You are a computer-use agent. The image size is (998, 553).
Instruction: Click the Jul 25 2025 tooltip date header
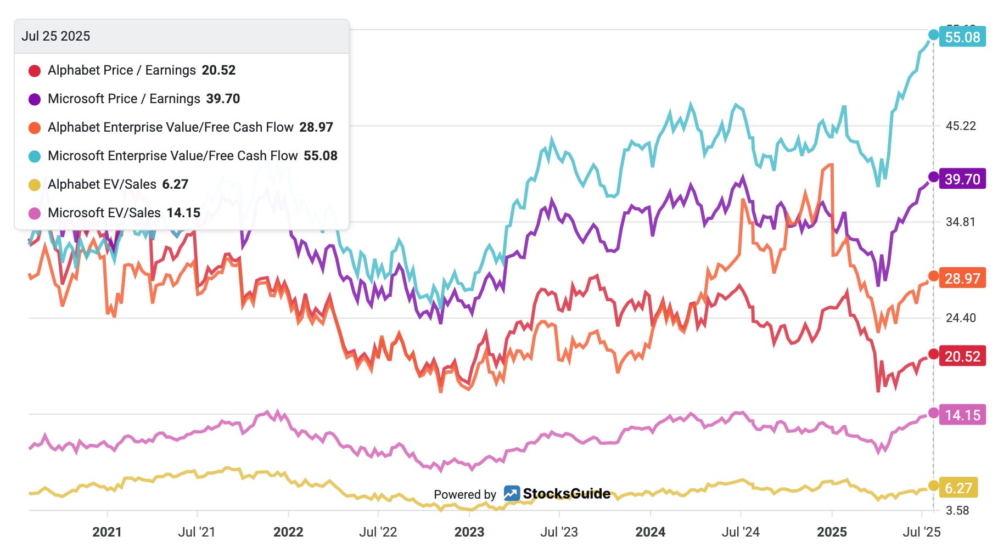pyautogui.click(x=55, y=36)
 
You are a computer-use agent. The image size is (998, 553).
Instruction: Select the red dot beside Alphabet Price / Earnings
pyautogui.click(x=35, y=71)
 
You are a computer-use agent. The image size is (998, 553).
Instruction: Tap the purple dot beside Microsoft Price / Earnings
pyautogui.click(x=35, y=99)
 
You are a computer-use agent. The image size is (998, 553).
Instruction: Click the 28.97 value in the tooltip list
pyautogui.click(x=316, y=127)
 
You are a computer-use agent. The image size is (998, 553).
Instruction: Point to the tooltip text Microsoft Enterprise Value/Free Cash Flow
pyautogui.click(x=173, y=156)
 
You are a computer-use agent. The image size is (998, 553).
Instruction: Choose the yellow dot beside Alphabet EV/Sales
pyautogui.click(x=35, y=185)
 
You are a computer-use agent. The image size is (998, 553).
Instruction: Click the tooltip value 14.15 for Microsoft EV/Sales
pyautogui.click(x=183, y=213)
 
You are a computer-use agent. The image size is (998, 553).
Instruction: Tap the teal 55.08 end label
pyautogui.click(x=962, y=37)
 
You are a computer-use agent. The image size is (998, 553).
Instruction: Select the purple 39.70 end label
pyautogui.click(x=962, y=179)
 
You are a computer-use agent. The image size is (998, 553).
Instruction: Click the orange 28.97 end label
pyautogui.click(x=962, y=278)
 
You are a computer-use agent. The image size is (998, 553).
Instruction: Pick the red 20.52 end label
pyautogui.click(x=962, y=356)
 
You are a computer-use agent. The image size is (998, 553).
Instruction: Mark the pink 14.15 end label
pyautogui.click(x=962, y=415)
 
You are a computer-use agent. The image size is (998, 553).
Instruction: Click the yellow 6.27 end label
pyautogui.click(x=958, y=488)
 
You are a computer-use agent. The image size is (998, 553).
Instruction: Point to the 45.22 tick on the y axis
pyautogui.click(x=961, y=126)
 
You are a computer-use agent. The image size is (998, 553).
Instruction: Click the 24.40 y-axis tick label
pyautogui.click(x=961, y=318)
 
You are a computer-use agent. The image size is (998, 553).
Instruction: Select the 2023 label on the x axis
pyautogui.click(x=469, y=532)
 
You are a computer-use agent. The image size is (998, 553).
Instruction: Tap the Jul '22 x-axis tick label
pyautogui.click(x=378, y=532)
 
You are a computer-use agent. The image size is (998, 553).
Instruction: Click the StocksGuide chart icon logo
pyautogui.click(x=512, y=494)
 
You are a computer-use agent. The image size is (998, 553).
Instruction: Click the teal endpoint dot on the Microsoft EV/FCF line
pyautogui.click(x=933, y=35)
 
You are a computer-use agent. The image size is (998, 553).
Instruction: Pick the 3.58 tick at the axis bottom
pyautogui.click(x=957, y=511)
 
